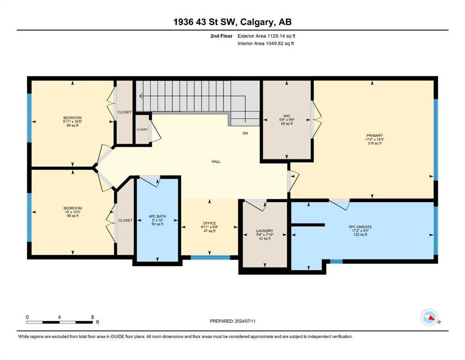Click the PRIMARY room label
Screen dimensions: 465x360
coord(374,135)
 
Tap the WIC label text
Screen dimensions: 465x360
coord(287,116)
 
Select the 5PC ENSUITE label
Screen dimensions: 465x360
coord(360,227)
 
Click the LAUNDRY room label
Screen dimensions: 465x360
coord(265,231)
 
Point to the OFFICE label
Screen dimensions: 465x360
coord(209,223)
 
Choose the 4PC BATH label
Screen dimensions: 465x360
coord(157,217)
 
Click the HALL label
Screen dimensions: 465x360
coord(216,161)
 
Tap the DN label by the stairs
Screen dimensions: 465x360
coord(245,133)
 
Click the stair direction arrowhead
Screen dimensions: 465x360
coord(141,96)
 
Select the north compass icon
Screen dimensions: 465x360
coord(429,317)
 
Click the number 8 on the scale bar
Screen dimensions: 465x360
coord(93,317)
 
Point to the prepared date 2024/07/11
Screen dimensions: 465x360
coord(245,321)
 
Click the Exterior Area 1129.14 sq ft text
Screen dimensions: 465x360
coord(266,36)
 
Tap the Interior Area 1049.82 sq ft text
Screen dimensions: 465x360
coord(266,43)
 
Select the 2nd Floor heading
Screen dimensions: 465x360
coord(221,36)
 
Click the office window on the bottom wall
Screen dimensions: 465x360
coord(210,257)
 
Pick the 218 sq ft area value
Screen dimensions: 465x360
coord(375,143)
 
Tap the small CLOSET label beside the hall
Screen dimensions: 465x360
coord(142,129)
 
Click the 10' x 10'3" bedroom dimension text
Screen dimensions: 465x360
coord(73,212)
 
